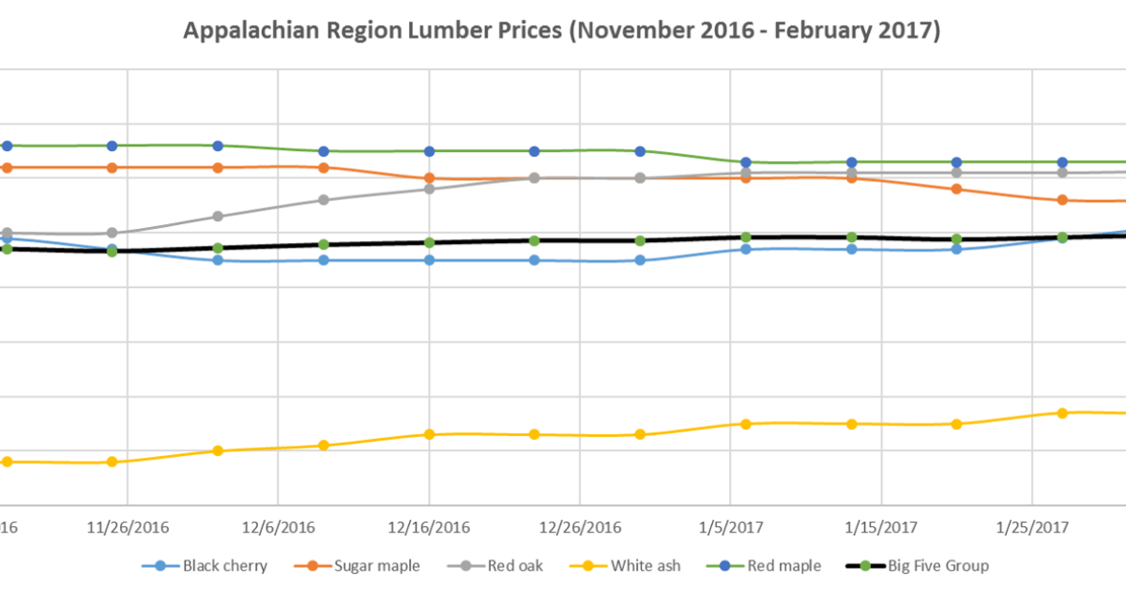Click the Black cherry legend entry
click(224, 566)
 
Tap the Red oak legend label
click(514, 566)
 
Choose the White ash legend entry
click(646, 566)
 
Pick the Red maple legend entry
click(778, 566)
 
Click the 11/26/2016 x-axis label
click(127, 527)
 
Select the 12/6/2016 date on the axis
click(278, 527)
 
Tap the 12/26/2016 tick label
click(580, 527)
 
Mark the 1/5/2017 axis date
click(731, 527)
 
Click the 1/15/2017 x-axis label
click(881, 527)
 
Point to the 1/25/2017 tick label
click(1032, 527)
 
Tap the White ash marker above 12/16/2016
click(429, 434)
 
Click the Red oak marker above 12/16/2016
click(429, 189)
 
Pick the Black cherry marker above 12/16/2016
click(429, 260)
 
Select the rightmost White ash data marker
click(1062, 413)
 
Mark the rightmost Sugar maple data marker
click(1062, 200)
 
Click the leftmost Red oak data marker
click(7, 233)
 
